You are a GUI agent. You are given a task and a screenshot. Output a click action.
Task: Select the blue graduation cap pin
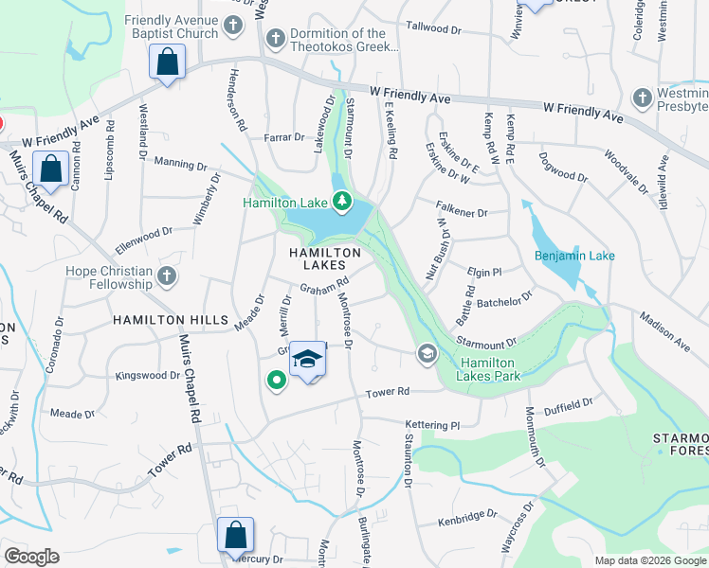tap(307, 360)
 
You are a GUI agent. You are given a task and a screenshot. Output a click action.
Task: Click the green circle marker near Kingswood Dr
tap(277, 381)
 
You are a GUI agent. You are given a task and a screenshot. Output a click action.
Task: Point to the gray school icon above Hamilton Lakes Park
tap(427, 354)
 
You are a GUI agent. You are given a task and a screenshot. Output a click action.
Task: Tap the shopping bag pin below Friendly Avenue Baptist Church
tap(168, 63)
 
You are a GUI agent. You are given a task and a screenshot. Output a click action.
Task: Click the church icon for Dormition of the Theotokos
tap(275, 39)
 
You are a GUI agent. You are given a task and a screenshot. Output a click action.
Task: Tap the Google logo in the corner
tap(31, 556)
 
